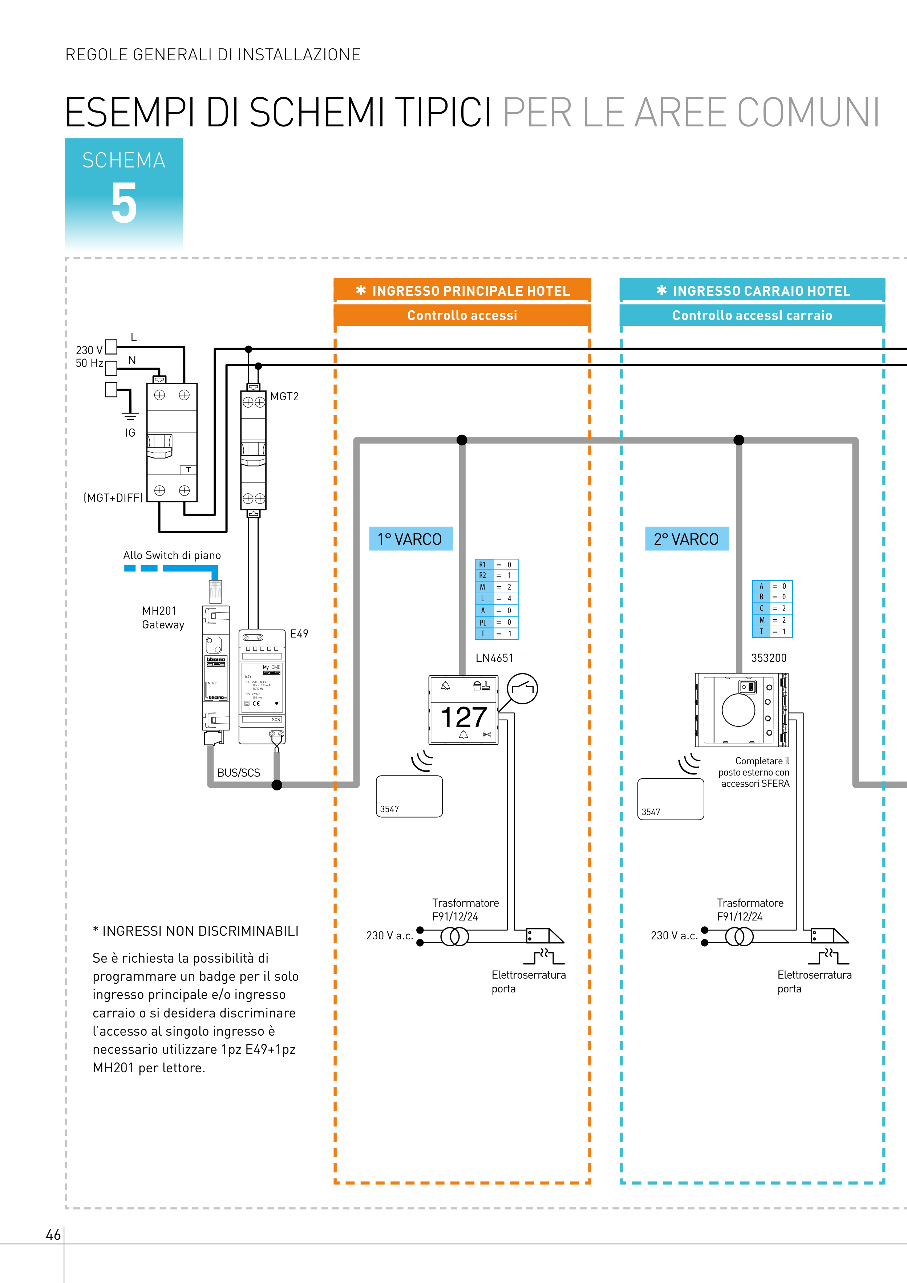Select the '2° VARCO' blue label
click(x=687, y=539)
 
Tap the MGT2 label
click(x=284, y=397)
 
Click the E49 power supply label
click(x=299, y=634)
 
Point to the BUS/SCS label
click(x=239, y=773)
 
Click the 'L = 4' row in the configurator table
click(x=496, y=599)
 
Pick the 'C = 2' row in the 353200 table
click(x=772, y=608)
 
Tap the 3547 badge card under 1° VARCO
click(x=409, y=796)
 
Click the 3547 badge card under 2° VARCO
click(x=670, y=799)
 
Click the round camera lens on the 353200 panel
click(x=738, y=710)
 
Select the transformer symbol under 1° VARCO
click(x=455, y=936)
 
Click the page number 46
click(x=53, y=1235)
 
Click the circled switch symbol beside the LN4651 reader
click(x=522, y=688)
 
